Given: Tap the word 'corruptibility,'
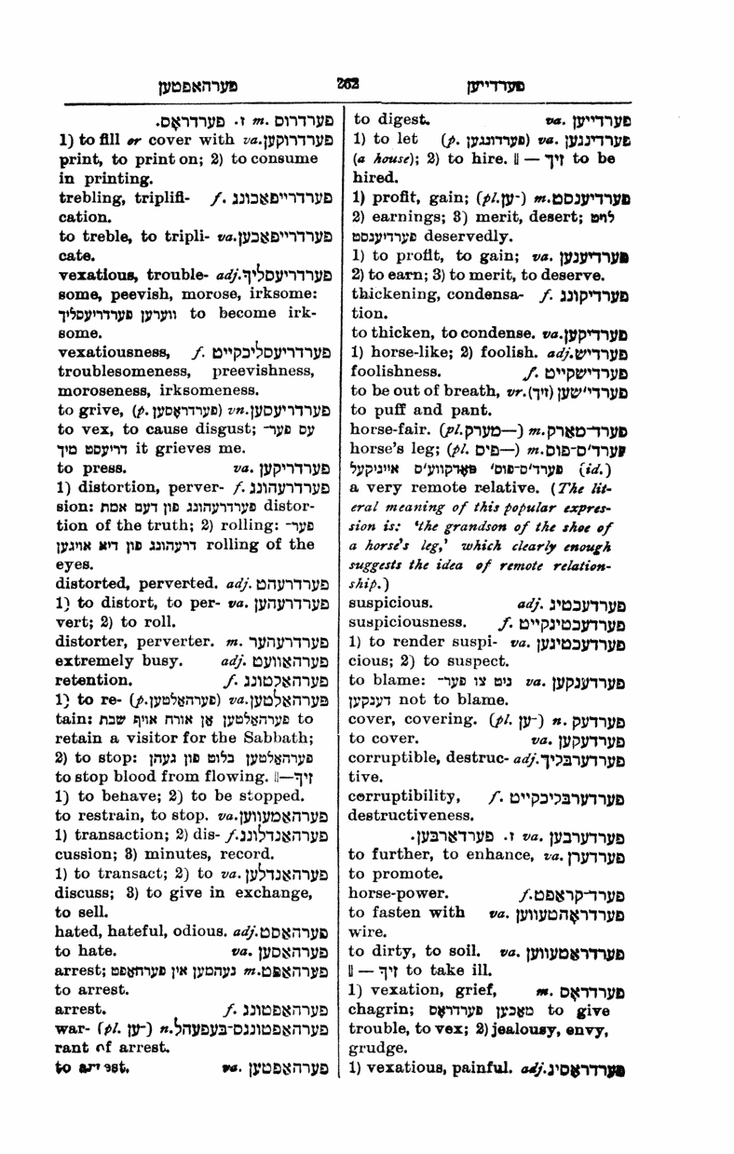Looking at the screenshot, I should click(404, 797).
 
